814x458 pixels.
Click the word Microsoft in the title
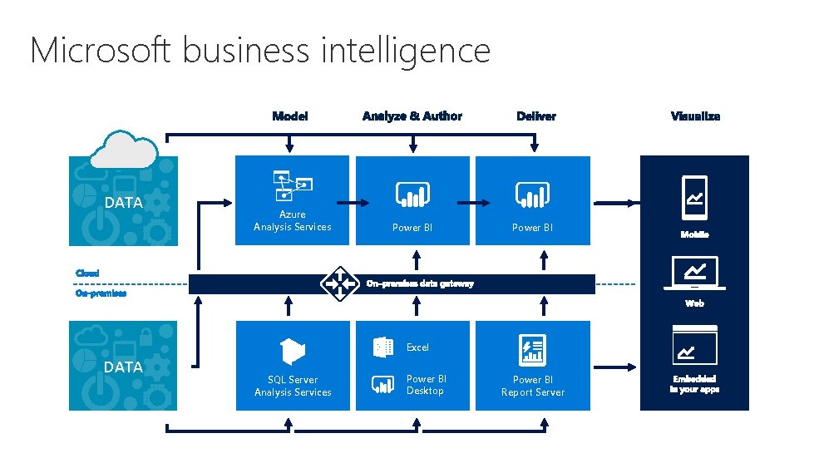[x=101, y=51]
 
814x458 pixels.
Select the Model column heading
[x=290, y=116]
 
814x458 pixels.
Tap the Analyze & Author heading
[x=412, y=116]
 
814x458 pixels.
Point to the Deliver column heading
[x=536, y=116]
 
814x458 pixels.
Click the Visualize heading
[x=695, y=116]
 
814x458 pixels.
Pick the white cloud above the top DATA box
[x=124, y=150]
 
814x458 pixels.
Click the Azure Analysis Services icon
[x=293, y=185]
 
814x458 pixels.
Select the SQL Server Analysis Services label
[x=293, y=386]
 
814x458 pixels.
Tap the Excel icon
[x=383, y=347]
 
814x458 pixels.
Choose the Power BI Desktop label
[x=426, y=385]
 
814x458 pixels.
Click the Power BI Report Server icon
[x=533, y=350]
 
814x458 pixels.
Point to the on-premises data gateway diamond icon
[x=339, y=283]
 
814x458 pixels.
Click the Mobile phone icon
[x=694, y=198]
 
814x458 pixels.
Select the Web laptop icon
[x=694, y=273]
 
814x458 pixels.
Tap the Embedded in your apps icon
[x=694, y=346]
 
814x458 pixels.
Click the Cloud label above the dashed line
[x=87, y=273]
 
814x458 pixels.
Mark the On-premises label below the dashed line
[x=101, y=293]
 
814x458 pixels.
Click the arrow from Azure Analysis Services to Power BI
[x=353, y=203]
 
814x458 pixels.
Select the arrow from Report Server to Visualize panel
[x=614, y=367]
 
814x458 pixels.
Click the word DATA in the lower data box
[x=123, y=367]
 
